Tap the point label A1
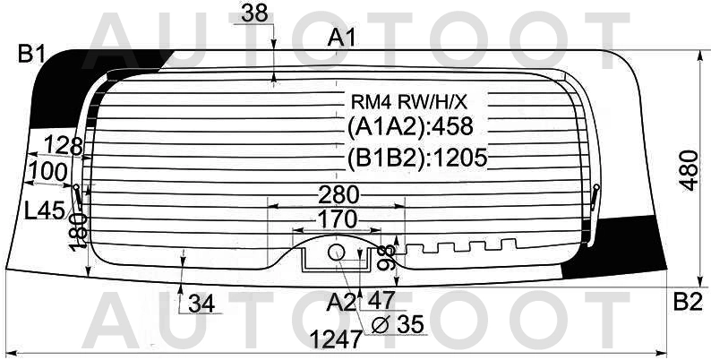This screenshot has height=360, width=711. coord(341,38)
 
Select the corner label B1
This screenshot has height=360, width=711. coord(31,55)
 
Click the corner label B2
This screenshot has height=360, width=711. coord(688,302)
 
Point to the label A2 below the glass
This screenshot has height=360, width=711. coord(340,302)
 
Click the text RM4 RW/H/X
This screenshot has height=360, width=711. coord(408,103)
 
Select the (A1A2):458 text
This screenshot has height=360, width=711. coord(410,127)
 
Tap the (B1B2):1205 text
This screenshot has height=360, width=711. coord(417,158)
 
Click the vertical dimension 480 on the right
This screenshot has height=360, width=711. coord(690,170)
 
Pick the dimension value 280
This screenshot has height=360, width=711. coord(338,195)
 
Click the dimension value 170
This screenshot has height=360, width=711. coord(337,220)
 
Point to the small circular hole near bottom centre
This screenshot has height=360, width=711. coord(337,253)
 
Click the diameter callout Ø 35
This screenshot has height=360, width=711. coord(398,324)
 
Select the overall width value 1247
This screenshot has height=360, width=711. coord(336,339)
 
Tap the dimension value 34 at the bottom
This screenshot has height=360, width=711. coord(201,304)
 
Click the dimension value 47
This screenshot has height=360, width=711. coord(381,300)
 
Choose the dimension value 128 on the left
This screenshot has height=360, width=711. coord(63,146)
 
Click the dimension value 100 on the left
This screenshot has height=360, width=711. coord(47,172)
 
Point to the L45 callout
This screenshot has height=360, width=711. coord(45,210)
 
